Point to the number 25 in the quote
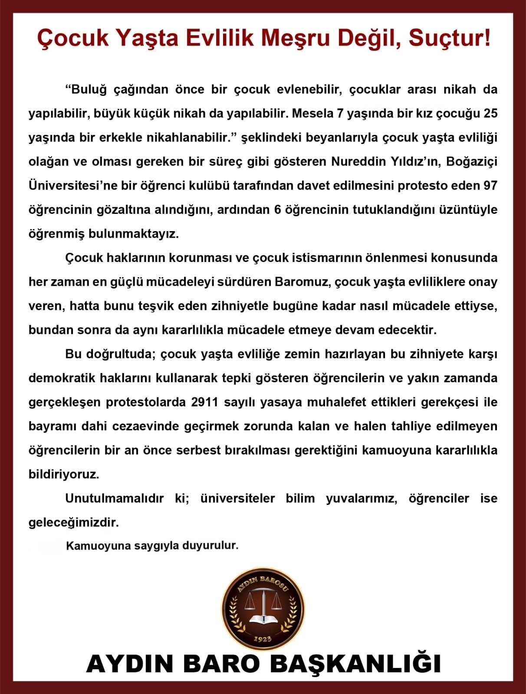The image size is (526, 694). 490,114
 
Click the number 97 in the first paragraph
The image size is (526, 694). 490,186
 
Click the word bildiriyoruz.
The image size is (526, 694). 64,474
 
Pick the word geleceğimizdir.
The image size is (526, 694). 73,522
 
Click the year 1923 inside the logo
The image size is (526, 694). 262,639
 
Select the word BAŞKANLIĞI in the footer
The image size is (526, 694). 355,664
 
